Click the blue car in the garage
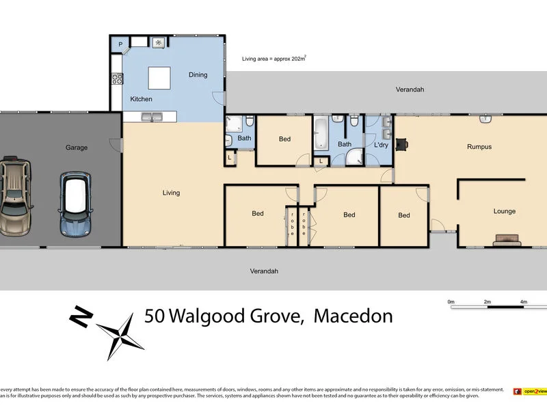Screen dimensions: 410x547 tap(75, 204)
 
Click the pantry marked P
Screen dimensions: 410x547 tap(120, 44)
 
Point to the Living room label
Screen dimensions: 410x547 tap(171, 193)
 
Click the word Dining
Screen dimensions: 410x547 tap(198, 75)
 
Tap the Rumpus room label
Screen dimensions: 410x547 tap(479, 147)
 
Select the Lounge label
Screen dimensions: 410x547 tap(505, 211)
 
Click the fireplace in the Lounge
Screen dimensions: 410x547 tap(507, 239)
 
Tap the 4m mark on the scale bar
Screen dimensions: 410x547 tap(523, 301)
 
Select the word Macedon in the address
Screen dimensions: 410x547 tap(353, 316)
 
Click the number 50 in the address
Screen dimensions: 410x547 tap(155, 316)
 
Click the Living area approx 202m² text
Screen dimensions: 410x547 tap(273, 59)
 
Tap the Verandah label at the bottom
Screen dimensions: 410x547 tap(264, 271)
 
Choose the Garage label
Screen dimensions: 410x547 tap(76, 148)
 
